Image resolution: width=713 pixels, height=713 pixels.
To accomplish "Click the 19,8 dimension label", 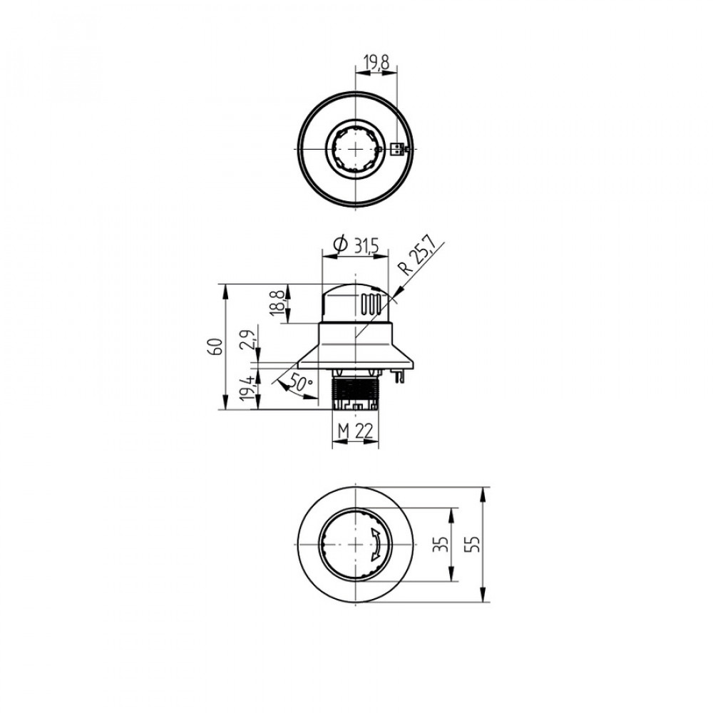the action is pyautogui.click(x=377, y=63).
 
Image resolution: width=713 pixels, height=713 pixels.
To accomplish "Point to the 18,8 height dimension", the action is pyautogui.click(x=279, y=301).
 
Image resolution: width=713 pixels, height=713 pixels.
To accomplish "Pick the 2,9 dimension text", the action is pyautogui.click(x=248, y=339).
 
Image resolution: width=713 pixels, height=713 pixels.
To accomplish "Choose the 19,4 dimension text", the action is pyautogui.click(x=247, y=387).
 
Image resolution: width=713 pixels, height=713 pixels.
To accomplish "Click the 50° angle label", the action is pyautogui.click(x=300, y=384).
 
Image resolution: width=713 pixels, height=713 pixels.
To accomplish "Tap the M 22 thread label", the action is pyautogui.click(x=355, y=431).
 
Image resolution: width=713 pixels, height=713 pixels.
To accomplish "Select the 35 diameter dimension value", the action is pyautogui.click(x=440, y=544).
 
